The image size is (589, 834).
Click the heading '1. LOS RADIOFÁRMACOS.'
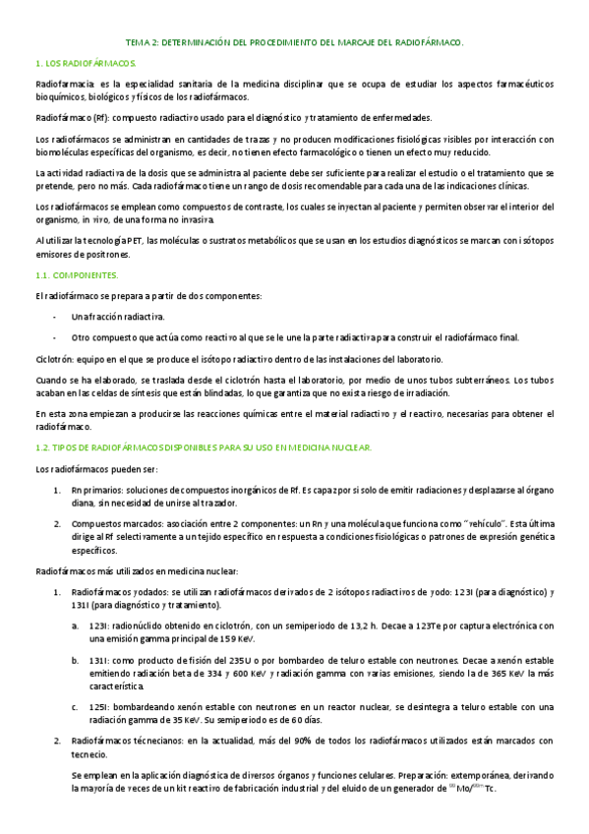tap(78, 63)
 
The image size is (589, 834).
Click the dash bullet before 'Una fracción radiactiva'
tap(54, 317)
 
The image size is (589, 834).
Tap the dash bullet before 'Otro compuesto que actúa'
tap(54, 337)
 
